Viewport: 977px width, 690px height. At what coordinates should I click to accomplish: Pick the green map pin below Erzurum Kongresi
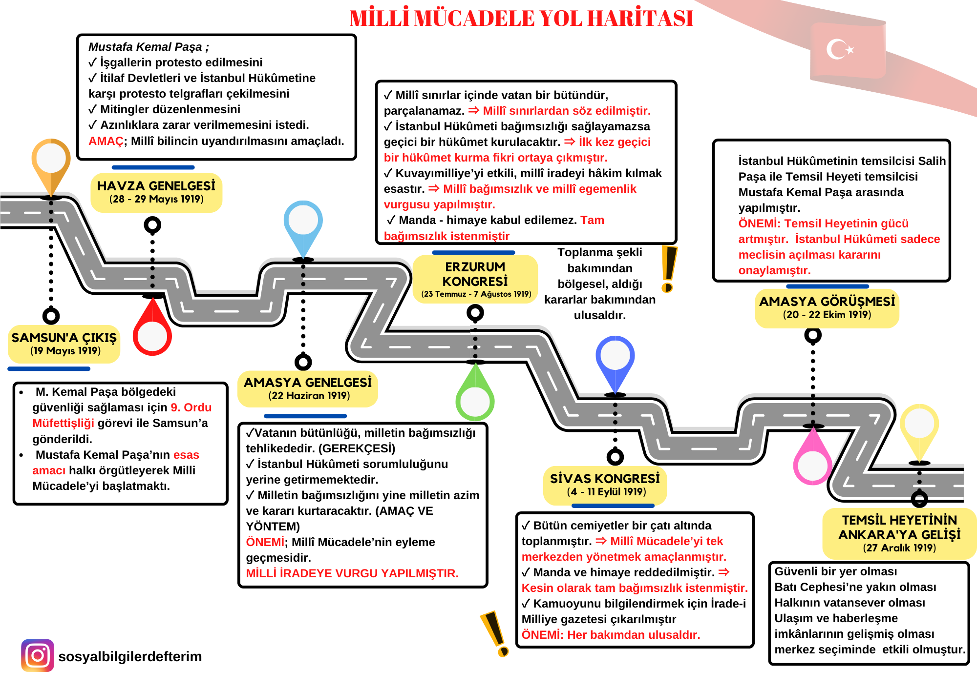pos(475,397)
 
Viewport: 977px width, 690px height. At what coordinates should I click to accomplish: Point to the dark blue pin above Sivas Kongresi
pos(615,359)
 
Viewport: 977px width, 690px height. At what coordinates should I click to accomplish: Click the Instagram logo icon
pos(38,655)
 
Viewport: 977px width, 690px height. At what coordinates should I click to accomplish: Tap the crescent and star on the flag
pos(839,49)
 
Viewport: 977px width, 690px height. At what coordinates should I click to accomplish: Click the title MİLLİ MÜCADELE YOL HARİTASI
pos(521,19)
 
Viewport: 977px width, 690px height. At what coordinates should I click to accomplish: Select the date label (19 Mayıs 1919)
pos(65,351)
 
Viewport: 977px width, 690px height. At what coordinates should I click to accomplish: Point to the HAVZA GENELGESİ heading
pos(156,186)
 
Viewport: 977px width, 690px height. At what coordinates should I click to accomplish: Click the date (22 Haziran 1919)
pos(309,396)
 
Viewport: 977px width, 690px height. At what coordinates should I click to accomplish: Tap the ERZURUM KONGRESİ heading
pos(475,274)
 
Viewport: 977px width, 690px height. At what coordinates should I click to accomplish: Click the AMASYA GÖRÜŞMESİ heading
pos(827,302)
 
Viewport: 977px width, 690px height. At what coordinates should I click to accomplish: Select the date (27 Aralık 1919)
pos(899,548)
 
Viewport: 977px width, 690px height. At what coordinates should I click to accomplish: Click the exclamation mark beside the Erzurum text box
pos(668,268)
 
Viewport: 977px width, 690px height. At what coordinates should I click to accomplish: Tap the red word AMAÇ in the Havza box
pos(106,141)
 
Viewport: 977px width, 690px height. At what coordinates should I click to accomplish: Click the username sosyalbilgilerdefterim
pos(130,656)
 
